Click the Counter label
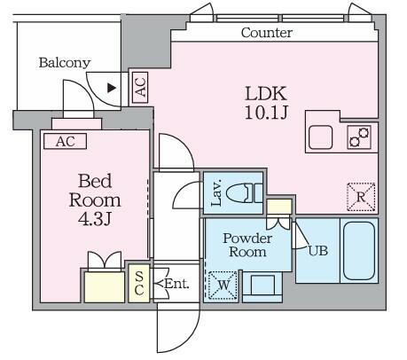coord(267,33)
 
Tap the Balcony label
coord(64,63)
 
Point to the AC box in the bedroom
coord(65,141)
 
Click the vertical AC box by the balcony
coord(139,86)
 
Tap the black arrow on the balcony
coord(111,87)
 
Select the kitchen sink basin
coord(321,137)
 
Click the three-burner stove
coord(358,137)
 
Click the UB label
coord(317,251)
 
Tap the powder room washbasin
coord(262,286)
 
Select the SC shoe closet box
coord(139,283)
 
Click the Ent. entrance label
coord(174,285)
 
